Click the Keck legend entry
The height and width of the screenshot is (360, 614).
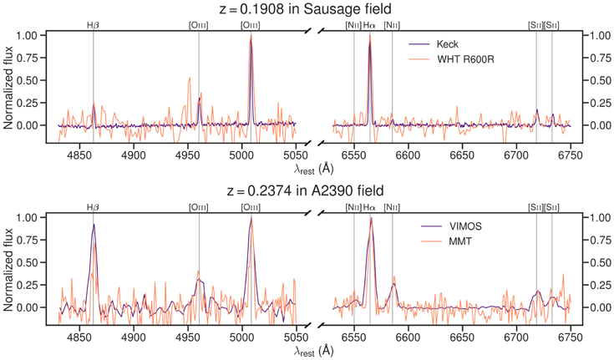tap(434, 44)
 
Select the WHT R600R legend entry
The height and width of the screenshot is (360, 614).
tap(451, 59)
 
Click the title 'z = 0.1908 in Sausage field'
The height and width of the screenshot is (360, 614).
tap(306, 8)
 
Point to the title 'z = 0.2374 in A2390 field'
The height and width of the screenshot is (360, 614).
tap(306, 190)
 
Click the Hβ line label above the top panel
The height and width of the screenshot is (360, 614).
tap(94, 25)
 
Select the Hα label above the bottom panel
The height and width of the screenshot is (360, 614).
tap(369, 208)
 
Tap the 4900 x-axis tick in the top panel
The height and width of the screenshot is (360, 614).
tap(134, 155)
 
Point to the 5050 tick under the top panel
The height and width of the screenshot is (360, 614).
tap(297, 155)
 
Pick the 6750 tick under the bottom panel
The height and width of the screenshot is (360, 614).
tap(571, 337)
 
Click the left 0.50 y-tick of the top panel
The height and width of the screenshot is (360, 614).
tap(27, 80)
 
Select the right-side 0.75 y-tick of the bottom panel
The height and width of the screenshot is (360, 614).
tap(601, 240)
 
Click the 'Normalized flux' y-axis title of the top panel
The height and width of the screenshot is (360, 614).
tap(8, 88)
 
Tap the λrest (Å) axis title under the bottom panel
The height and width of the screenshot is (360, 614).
tap(314, 351)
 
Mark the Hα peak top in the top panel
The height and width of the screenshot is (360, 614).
tap(369, 36)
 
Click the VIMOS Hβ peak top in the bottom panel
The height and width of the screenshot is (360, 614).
tap(94, 225)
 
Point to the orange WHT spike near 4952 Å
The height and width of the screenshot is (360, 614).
tap(190, 78)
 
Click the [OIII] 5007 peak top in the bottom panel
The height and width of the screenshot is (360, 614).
tap(251, 218)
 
